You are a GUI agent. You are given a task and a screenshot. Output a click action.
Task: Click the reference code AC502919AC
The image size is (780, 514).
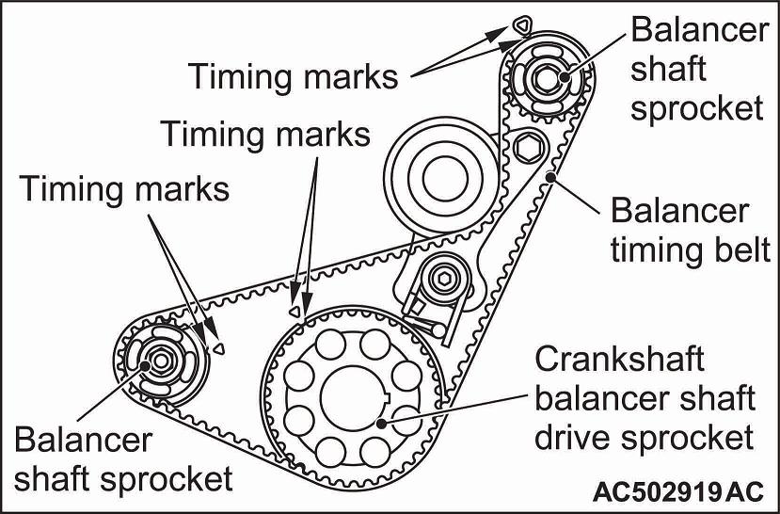point(677,491)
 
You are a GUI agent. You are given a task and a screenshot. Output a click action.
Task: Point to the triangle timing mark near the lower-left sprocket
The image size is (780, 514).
point(219,346)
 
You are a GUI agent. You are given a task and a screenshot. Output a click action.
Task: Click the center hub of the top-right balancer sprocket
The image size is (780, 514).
point(543,74)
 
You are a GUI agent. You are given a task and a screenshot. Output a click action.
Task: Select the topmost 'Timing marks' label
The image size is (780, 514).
point(294,76)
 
